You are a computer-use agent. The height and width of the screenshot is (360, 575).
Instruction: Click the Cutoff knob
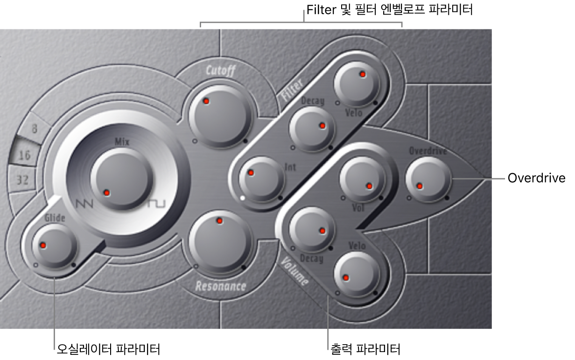pos(220,116)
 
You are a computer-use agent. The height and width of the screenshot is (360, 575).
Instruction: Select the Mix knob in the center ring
pos(122,178)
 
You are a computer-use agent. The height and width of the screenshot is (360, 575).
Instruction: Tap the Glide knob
pos(55,246)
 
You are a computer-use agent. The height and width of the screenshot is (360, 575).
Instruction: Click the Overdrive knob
pos(428,179)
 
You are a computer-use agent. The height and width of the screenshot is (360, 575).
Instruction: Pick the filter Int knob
pos(261,179)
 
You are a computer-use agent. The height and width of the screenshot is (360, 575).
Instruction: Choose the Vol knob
pos(363,179)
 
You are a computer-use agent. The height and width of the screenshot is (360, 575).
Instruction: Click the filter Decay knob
pos(312,129)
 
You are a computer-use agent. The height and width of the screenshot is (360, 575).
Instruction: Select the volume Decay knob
pos(312,230)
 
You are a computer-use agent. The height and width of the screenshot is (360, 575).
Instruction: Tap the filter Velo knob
pos(357,84)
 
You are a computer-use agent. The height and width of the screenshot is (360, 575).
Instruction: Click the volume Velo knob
pos(357,274)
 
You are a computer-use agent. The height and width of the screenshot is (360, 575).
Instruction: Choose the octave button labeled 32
pos(22,180)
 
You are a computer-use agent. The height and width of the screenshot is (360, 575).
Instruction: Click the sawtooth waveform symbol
pos(84,204)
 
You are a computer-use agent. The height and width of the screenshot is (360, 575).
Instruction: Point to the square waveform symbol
pos(157,204)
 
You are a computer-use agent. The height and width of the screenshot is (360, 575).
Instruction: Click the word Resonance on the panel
pos(221,286)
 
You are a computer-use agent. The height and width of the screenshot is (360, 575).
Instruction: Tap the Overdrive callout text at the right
pos(537,178)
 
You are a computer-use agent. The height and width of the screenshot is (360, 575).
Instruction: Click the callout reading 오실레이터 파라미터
pos(108,349)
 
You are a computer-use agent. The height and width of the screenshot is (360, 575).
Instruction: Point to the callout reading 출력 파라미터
pos(365,349)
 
